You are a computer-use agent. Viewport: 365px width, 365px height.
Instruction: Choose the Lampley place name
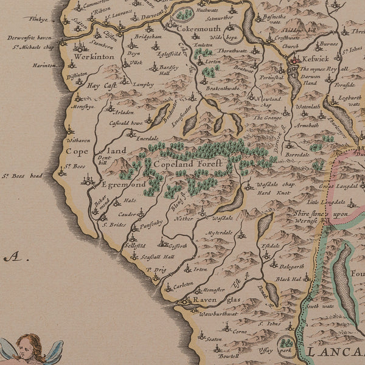click(143, 85)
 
